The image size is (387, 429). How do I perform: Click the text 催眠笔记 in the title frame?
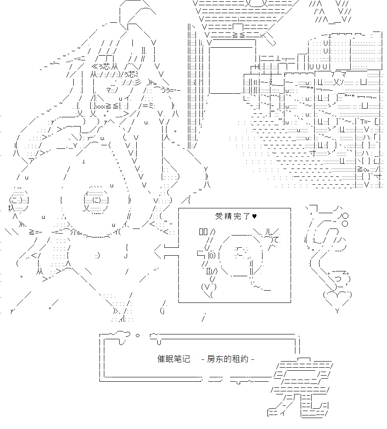point(174,359)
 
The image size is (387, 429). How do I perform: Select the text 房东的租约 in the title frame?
point(227,359)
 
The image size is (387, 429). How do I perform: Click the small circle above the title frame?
point(138,335)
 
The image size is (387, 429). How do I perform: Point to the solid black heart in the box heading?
point(254,216)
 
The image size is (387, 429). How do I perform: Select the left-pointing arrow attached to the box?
point(166,251)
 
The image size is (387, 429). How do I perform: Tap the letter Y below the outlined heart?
point(337,311)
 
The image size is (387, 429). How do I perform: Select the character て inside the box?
point(277,240)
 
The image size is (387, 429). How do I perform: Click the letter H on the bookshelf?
point(257,67)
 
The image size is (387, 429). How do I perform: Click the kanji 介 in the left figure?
point(73,232)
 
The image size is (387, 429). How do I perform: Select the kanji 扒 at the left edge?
point(11,208)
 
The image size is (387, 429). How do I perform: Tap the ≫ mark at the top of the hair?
point(95,67)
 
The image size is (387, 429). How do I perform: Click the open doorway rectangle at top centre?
point(232,67)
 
